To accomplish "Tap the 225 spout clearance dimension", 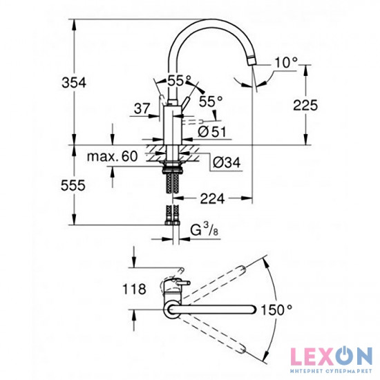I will coord(305,105).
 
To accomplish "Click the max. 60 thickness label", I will coord(113,157).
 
